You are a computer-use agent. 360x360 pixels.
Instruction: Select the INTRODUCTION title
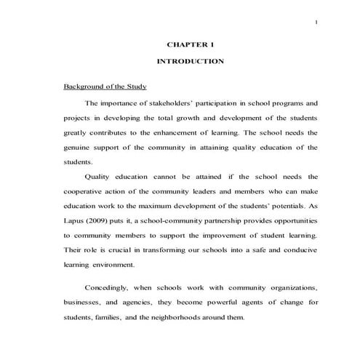[191, 62]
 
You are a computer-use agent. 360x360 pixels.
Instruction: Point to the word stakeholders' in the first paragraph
[169, 103]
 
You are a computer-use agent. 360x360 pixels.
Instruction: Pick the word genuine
[79, 148]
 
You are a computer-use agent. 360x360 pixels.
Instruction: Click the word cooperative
[87, 191]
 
